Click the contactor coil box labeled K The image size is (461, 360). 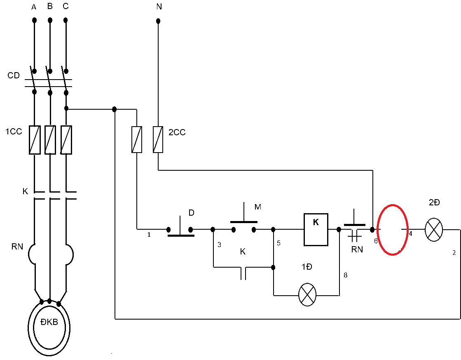pyautogui.click(x=316, y=230)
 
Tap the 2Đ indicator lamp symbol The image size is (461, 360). pyautogui.click(x=434, y=230)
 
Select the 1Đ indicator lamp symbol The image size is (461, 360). pyautogui.click(x=307, y=295)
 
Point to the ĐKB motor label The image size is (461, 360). pyautogui.click(x=49, y=322)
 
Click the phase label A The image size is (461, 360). pyautogui.click(x=34, y=7)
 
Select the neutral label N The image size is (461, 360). pyautogui.click(x=159, y=7)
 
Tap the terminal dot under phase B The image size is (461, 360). pyautogui.click(x=50, y=20)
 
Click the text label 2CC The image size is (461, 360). pyautogui.click(x=177, y=132)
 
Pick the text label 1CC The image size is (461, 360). pyautogui.click(x=14, y=132)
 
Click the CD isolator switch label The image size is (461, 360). pyautogui.click(x=14, y=75)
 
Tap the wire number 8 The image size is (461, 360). pyautogui.click(x=346, y=275)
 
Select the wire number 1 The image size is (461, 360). pyautogui.click(x=149, y=235)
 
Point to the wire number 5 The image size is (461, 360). pyautogui.click(x=279, y=243)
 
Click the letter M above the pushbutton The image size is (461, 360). pyautogui.click(x=258, y=207)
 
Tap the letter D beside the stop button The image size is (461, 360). pyautogui.click(x=192, y=212)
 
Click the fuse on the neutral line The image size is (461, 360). pyautogui.click(x=158, y=139)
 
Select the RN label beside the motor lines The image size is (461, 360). pyautogui.click(x=17, y=246)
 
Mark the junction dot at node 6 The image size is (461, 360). pyautogui.click(x=372, y=229)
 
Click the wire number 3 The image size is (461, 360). pyautogui.click(x=219, y=245)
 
